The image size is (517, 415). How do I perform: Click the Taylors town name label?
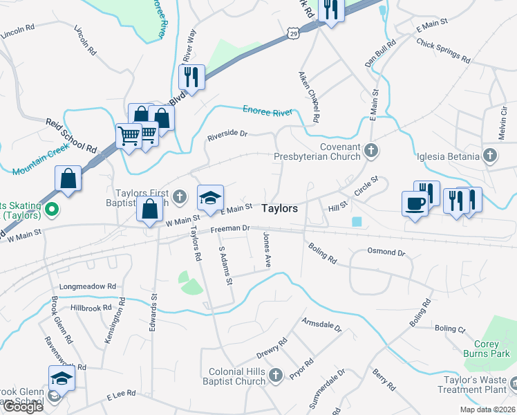click(x=280, y=208)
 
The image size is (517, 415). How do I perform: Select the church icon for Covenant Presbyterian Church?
click(x=372, y=150)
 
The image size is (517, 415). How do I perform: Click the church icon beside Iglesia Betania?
click(x=490, y=156)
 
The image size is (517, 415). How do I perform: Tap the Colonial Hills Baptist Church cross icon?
click(x=276, y=375)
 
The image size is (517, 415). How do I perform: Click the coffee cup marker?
click(x=414, y=204)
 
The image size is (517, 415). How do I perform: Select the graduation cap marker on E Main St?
click(x=211, y=198)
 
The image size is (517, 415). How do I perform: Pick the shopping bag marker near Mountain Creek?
click(x=68, y=178)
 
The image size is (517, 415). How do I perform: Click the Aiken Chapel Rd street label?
click(x=308, y=96)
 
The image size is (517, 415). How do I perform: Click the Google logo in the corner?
click(x=23, y=407)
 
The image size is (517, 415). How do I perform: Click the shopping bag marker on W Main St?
click(x=150, y=208)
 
